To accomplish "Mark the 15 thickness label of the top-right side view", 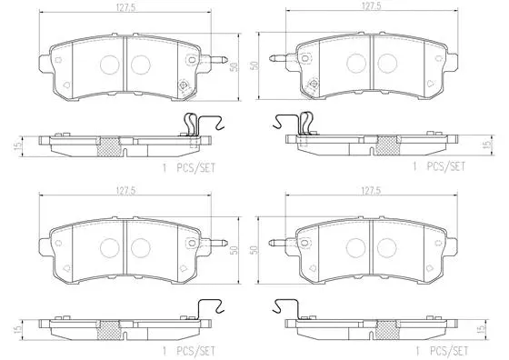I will tap(486, 144).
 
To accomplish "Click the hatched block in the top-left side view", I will tap(109, 145).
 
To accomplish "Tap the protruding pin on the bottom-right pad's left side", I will tap(278, 244).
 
